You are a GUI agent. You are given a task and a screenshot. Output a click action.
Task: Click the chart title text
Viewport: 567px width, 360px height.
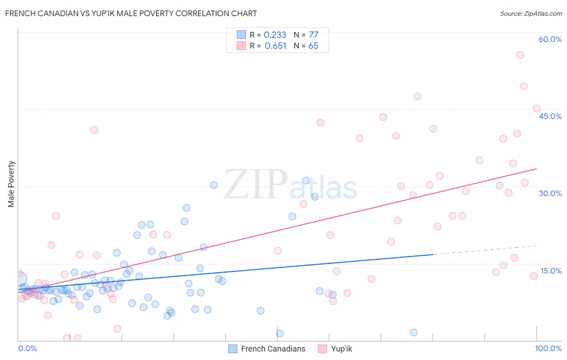[x=131, y=13]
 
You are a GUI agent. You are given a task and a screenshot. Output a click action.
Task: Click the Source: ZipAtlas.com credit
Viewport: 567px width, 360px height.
[x=531, y=13]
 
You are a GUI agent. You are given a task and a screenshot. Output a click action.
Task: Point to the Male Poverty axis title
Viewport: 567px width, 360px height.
[x=11, y=184]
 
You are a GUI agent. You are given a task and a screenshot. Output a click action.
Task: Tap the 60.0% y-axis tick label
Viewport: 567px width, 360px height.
[x=550, y=39]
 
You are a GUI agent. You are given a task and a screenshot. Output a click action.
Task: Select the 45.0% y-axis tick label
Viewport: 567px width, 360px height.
[x=550, y=116]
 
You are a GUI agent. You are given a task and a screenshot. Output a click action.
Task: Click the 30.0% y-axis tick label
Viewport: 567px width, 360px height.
[x=550, y=193]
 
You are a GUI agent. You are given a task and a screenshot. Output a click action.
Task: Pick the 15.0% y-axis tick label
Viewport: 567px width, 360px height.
[x=551, y=271]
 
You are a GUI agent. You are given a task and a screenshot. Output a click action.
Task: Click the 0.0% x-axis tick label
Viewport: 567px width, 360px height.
[x=27, y=348]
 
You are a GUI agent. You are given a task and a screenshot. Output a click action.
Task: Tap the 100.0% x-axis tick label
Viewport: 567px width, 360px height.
[x=548, y=348]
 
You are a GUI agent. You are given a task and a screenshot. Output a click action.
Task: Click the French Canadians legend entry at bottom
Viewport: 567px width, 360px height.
[x=267, y=349]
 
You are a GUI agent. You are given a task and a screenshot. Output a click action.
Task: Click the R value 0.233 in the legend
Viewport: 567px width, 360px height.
[x=275, y=35]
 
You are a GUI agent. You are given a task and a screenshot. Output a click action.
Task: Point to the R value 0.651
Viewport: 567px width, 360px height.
[x=275, y=46]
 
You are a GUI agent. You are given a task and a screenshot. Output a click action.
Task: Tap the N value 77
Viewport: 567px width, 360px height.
[x=313, y=35]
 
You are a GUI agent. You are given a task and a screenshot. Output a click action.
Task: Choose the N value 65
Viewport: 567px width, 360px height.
[x=313, y=46]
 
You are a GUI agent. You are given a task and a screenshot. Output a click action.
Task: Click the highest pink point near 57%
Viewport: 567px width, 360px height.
[x=520, y=55]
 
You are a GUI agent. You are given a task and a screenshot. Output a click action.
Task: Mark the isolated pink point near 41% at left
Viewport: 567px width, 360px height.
[x=94, y=130]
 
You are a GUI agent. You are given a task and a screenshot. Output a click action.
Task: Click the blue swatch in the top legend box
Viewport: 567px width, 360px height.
[x=241, y=35]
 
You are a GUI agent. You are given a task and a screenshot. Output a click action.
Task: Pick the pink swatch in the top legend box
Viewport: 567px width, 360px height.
[x=241, y=46]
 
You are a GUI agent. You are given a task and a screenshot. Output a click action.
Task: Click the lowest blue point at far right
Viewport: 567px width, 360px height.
[x=414, y=333]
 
